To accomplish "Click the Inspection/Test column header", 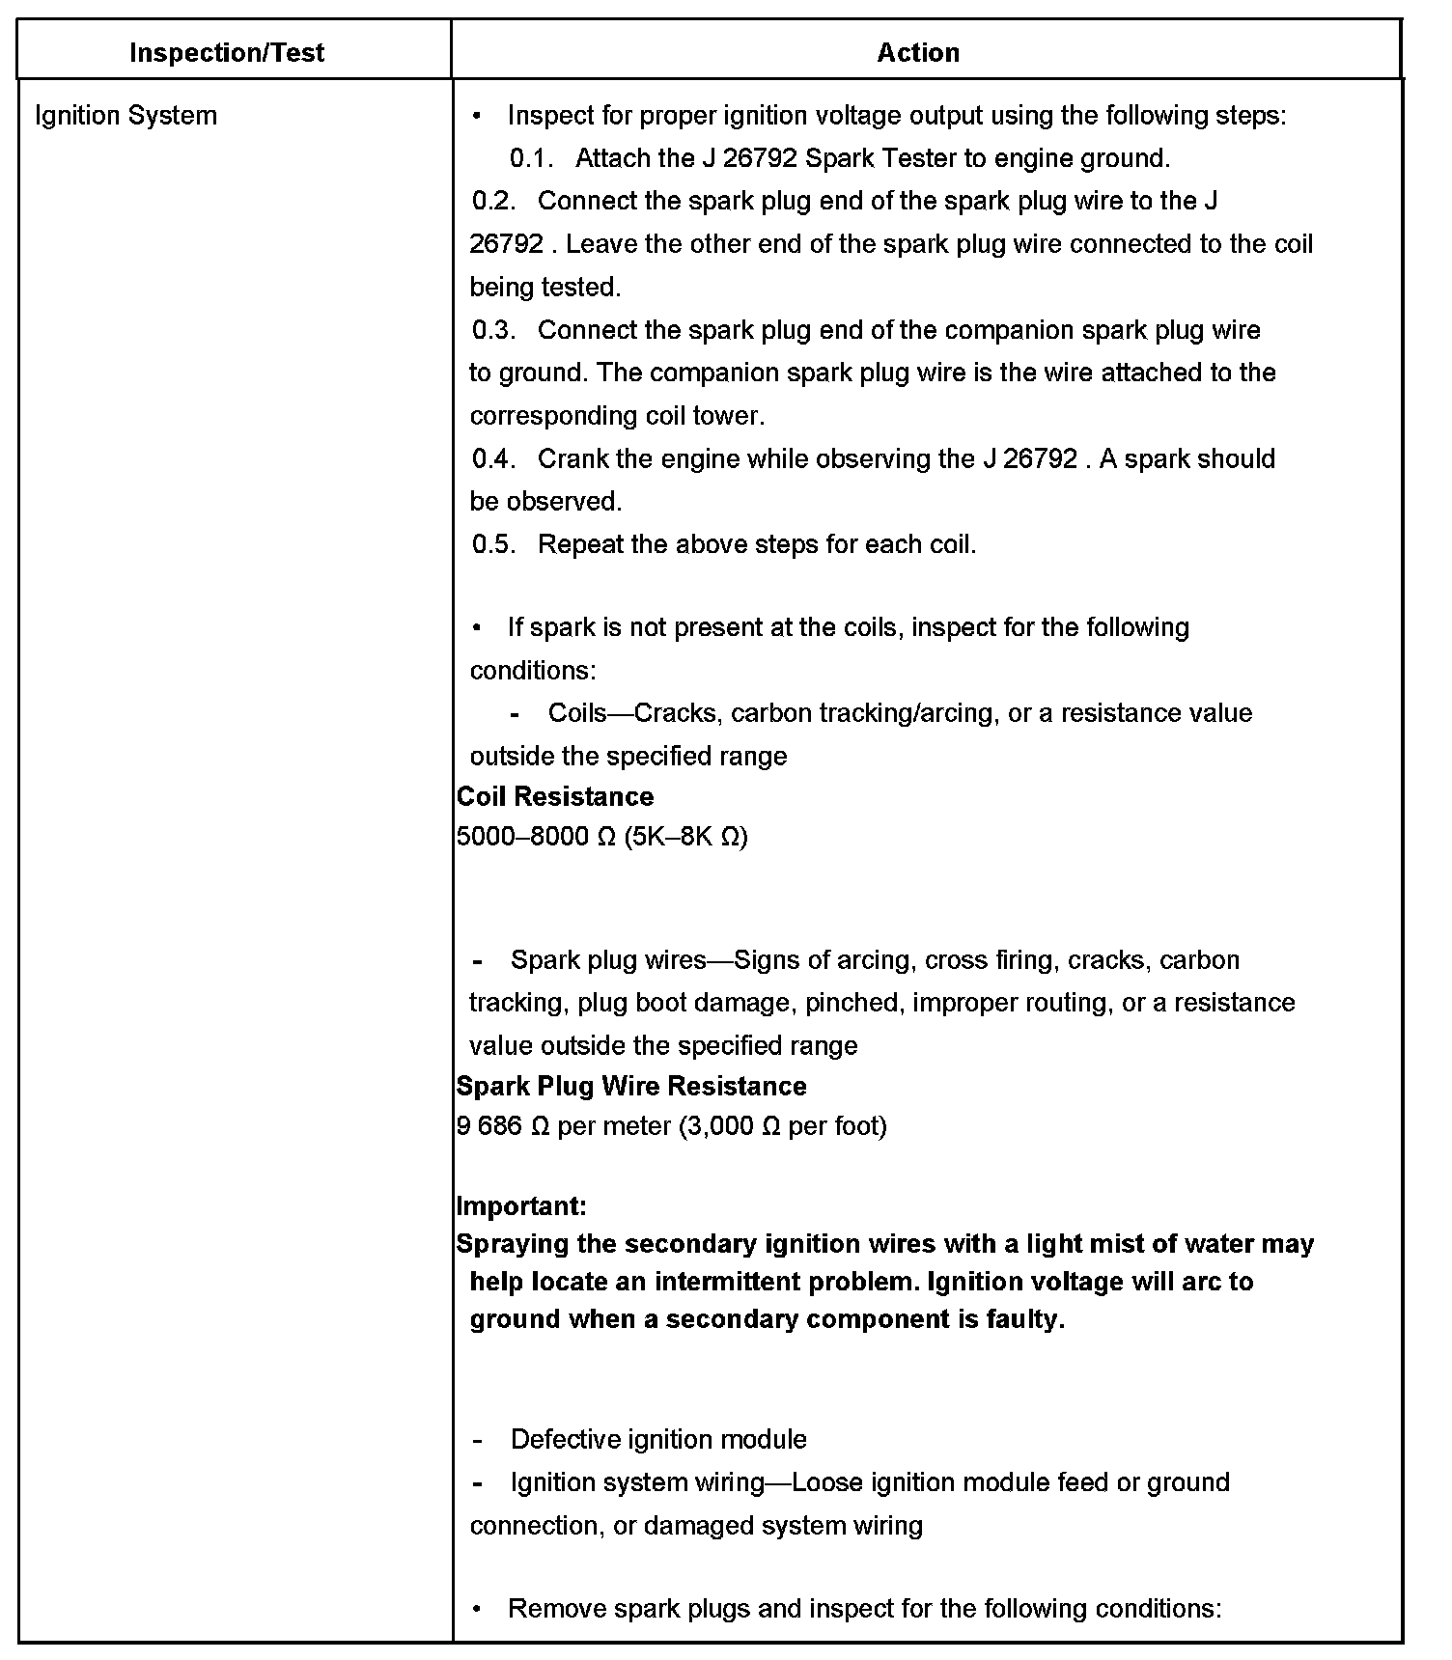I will (x=226, y=52).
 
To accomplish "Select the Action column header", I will (x=917, y=52).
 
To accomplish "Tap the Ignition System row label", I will (x=126, y=116).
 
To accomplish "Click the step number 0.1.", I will (x=530, y=158).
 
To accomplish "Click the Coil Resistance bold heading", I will (x=554, y=796).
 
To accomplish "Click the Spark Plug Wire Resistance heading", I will (x=630, y=1086).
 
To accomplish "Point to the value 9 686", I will (x=489, y=1125).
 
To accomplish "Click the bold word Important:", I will (x=520, y=1205).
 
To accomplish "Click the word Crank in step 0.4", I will (x=572, y=458).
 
